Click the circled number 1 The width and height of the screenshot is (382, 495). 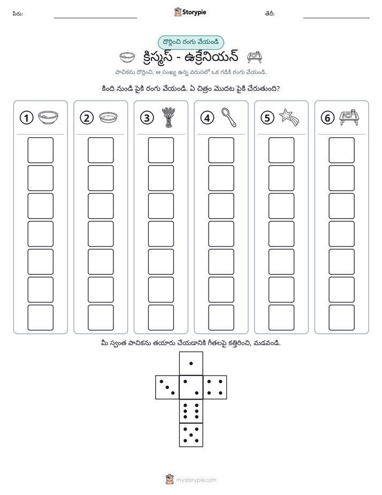pos(26,118)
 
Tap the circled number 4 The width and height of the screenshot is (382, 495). pos(207,118)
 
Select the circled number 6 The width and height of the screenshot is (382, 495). pos(327,118)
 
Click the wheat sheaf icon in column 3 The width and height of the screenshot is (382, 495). pos(169,117)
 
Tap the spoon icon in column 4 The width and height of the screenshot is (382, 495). pos(228,117)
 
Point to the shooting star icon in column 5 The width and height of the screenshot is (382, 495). pos(289,117)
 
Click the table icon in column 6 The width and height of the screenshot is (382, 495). pos(349,117)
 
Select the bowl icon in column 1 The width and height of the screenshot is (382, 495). pos(48,117)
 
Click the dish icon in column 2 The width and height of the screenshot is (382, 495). pos(108,118)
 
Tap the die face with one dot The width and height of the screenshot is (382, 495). pos(191,364)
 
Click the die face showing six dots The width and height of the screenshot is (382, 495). pos(191,411)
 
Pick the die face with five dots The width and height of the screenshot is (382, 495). pos(191,435)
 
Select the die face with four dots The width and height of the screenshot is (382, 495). pos(215,387)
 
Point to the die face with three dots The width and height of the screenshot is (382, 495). pos(167,387)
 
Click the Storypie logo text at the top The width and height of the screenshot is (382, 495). pos(194,12)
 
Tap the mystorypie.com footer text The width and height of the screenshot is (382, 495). pos(196,480)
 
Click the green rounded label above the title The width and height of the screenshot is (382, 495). pos(190,43)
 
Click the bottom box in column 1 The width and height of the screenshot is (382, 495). pos(40,318)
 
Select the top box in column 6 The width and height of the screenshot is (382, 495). pos(341,150)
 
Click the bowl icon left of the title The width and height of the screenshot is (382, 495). pos(127,57)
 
